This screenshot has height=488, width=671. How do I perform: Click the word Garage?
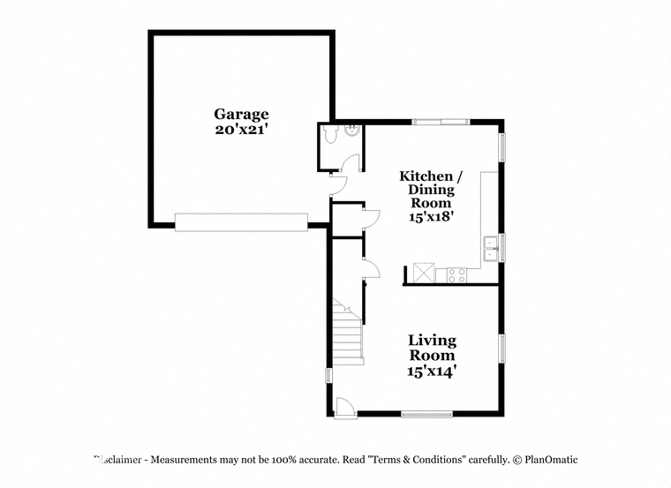241,114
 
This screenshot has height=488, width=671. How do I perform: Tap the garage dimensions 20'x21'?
241,129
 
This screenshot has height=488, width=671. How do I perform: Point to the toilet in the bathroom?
330,134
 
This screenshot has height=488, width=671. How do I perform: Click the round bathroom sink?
352,130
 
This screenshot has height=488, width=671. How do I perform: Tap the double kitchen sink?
490,249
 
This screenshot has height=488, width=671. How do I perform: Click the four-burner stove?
456,275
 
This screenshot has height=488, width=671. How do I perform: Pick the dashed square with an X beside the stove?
424,273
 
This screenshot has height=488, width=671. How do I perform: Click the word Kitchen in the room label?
426,176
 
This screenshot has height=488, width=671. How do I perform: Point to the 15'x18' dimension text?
431,216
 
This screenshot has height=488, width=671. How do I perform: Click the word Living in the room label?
433,341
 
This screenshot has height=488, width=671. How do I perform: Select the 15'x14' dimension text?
430,372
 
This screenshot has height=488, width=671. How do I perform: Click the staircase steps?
348,333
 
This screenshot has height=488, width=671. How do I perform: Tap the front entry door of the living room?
345,407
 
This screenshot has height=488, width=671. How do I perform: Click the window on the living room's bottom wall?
426,414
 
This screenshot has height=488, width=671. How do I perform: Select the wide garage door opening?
241,222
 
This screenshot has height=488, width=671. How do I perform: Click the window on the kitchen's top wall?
441,123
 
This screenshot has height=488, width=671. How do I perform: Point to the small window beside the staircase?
328,376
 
